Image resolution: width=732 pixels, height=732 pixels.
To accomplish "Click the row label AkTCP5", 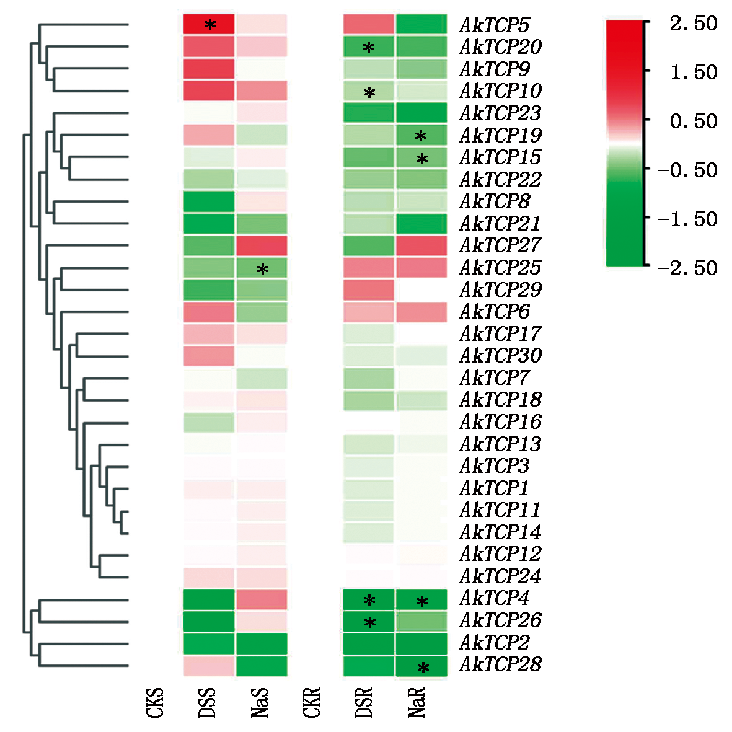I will click(x=494, y=25).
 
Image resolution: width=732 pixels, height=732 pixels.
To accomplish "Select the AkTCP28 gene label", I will click(x=500, y=664).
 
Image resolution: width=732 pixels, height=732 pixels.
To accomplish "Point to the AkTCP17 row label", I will click(x=500, y=334).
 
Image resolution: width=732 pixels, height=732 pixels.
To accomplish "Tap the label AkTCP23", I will click(x=500, y=113).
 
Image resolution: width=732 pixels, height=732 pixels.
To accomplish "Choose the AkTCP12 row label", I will click(x=500, y=554).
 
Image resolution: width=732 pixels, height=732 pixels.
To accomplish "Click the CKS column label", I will click(x=155, y=702).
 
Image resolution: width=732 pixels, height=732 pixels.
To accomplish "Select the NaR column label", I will click(x=417, y=702).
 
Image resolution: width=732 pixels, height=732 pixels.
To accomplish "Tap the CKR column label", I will click(x=312, y=702).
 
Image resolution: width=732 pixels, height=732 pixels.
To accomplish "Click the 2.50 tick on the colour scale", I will click(x=693, y=24).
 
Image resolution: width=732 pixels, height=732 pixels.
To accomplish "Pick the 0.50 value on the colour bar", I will click(x=693, y=121).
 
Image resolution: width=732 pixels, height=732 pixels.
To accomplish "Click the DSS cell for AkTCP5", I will click(x=209, y=24).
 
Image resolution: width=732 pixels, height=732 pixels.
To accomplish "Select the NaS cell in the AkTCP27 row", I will click(x=262, y=245).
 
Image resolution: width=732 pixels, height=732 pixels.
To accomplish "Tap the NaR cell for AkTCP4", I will click(x=421, y=599).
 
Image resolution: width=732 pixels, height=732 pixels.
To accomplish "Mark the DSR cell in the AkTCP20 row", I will click(x=369, y=46).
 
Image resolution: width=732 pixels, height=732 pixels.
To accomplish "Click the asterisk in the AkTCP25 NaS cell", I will click(x=263, y=270).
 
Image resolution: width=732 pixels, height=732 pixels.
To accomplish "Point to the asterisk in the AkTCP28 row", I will click(x=423, y=668).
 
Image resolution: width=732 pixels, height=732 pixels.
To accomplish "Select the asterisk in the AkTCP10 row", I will click(x=369, y=94).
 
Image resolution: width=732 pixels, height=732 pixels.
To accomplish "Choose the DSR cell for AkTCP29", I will click(x=369, y=289).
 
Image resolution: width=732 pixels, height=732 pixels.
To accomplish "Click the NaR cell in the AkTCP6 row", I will click(x=421, y=312).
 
